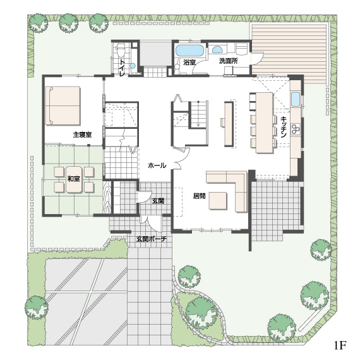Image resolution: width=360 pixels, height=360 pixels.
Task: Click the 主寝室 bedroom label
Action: tap(82, 135)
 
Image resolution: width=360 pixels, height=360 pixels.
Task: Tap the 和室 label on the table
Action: tap(74, 179)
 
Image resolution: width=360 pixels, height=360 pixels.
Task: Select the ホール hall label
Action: tap(157, 165)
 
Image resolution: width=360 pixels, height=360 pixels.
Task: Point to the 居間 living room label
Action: tap(200, 196)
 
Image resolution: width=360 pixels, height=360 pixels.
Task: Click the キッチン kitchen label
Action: tap(284, 127)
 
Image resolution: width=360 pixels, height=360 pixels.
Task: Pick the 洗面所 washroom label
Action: tap(228, 61)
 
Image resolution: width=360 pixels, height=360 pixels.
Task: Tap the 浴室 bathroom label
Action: tap(189, 62)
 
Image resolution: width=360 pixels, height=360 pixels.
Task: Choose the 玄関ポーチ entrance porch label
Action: tap(152, 239)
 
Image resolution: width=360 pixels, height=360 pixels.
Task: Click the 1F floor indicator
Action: tap(340, 345)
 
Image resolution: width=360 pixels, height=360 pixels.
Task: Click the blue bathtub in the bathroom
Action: tap(189, 51)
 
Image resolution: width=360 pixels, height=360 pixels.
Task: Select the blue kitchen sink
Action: tap(296, 99)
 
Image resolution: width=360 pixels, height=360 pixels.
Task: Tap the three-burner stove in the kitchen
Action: tap(296, 129)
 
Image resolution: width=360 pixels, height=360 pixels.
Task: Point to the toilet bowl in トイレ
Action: tap(121, 51)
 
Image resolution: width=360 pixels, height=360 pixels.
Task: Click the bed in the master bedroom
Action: tap(63, 105)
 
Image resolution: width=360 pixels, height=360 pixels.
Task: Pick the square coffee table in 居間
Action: tap(218, 201)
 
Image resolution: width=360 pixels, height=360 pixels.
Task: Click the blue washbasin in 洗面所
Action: tap(217, 50)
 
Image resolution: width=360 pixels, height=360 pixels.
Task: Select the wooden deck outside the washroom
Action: tap(289, 54)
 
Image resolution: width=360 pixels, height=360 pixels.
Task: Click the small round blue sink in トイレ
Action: tap(133, 66)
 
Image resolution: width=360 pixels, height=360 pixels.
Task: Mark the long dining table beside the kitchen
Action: tap(265, 123)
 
